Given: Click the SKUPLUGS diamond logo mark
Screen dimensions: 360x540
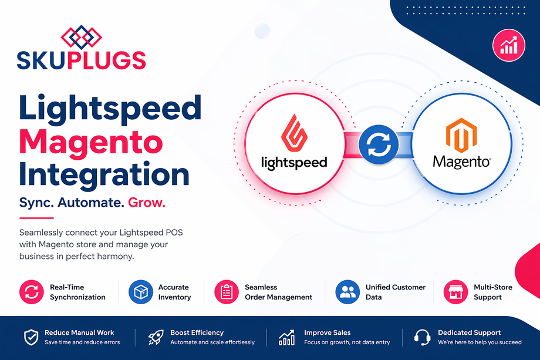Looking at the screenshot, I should tap(81, 36).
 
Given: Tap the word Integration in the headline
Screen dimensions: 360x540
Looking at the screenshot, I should tap(104, 174).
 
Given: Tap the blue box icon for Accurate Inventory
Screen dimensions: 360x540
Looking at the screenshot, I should tap(140, 292).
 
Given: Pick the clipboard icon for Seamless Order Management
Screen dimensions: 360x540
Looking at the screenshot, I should tap(225, 292).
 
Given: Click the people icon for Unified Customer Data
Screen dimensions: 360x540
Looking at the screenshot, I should tap(347, 292).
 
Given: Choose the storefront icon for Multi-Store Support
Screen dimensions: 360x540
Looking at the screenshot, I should tap(455, 292).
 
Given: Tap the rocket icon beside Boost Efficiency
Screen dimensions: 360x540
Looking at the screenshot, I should tap(155, 337).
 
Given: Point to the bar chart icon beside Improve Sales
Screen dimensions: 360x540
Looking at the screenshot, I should tap(287, 337).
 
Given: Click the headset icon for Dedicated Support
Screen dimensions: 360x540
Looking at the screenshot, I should tap(422, 337).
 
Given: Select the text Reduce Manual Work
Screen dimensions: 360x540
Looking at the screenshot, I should tap(79, 332).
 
